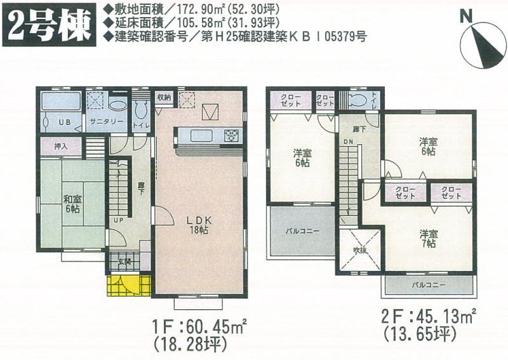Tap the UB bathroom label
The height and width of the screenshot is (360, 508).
tap(65, 121)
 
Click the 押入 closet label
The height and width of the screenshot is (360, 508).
tap(60, 145)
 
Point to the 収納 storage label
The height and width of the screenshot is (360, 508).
tap(164, 98)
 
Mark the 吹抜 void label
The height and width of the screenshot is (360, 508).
tap(360, 250)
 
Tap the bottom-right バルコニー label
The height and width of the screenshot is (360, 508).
tap(427, 285)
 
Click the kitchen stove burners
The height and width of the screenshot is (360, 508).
tap(230, 135)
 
